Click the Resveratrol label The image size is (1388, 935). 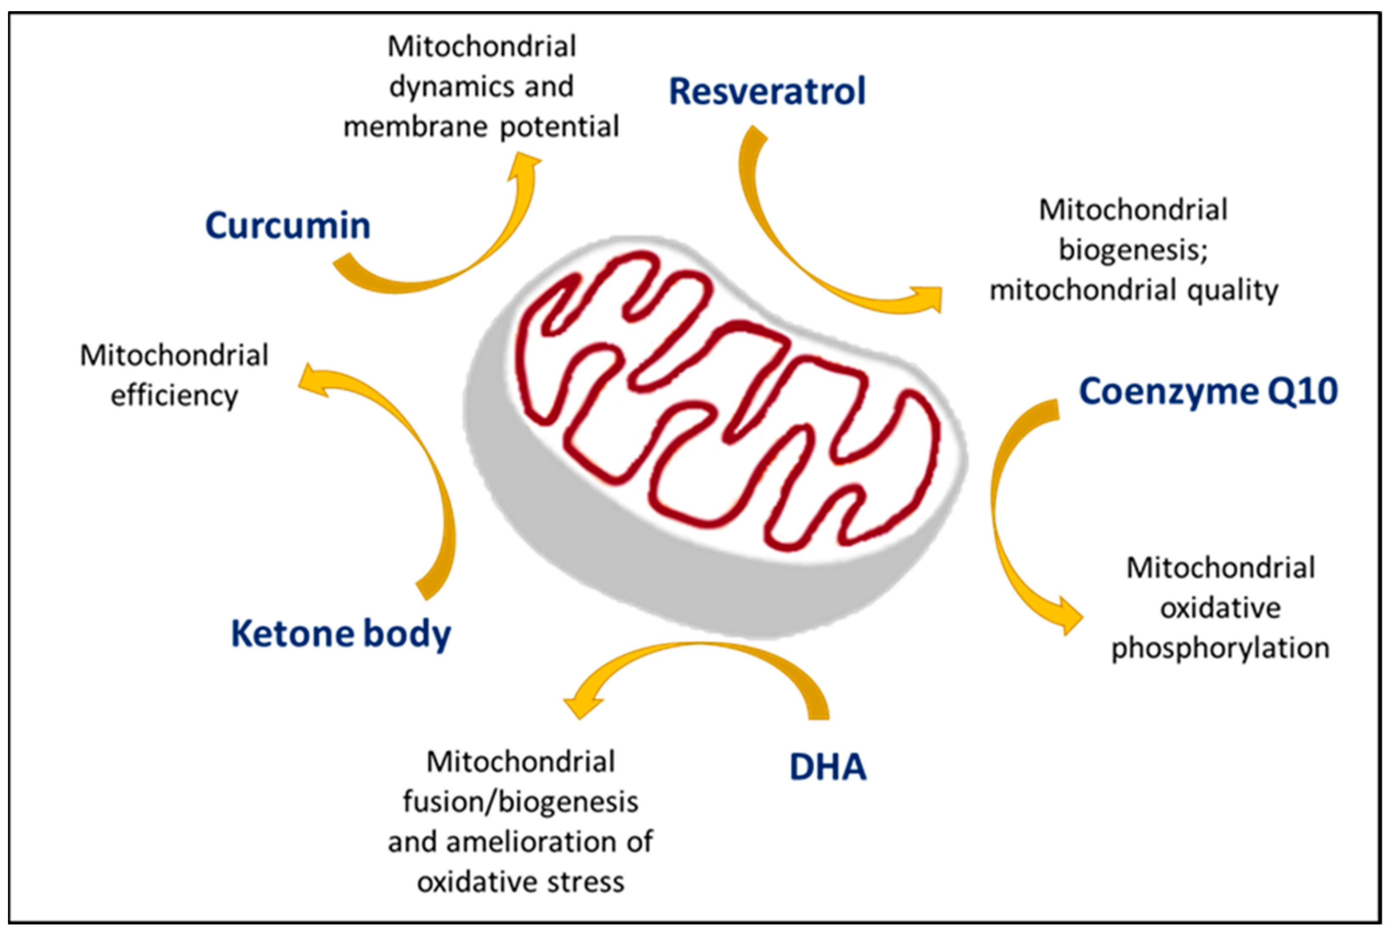767,91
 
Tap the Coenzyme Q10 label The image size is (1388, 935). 1209,391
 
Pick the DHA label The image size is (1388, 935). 827,767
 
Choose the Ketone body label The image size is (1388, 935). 341,633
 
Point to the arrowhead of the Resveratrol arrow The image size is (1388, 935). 928,298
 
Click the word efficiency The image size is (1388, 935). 174,395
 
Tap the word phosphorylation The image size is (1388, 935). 1220,647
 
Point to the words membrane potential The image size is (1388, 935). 481,126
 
